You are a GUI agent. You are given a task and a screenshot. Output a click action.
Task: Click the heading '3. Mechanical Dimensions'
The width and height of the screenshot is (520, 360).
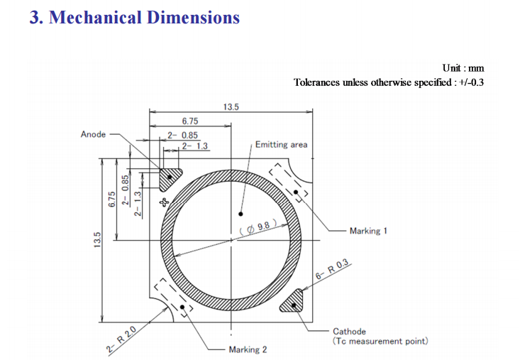tap(135, 17)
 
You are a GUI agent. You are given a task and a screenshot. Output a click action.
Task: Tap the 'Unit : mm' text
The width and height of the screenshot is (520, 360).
tap(463, 68)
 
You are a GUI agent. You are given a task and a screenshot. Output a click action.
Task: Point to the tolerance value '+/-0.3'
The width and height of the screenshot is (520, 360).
tap(471, 82)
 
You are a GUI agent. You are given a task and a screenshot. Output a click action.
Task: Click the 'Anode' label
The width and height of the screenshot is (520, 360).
tap(93, 134)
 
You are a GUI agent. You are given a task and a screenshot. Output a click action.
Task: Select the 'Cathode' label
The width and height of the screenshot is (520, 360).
tap(349, 332)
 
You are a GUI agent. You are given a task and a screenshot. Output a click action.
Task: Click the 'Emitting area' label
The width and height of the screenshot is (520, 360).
tap(281, 145)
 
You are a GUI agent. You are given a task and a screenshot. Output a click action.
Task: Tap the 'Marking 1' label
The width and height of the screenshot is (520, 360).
tap(368, 231)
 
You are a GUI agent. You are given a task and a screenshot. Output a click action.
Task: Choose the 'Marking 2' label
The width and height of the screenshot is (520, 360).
tap(248, 349)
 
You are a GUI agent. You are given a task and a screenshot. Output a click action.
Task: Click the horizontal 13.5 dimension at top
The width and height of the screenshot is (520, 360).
tap(231, 107)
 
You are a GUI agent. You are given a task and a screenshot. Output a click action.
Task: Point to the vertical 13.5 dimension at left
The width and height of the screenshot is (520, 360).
tap(97, 240)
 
